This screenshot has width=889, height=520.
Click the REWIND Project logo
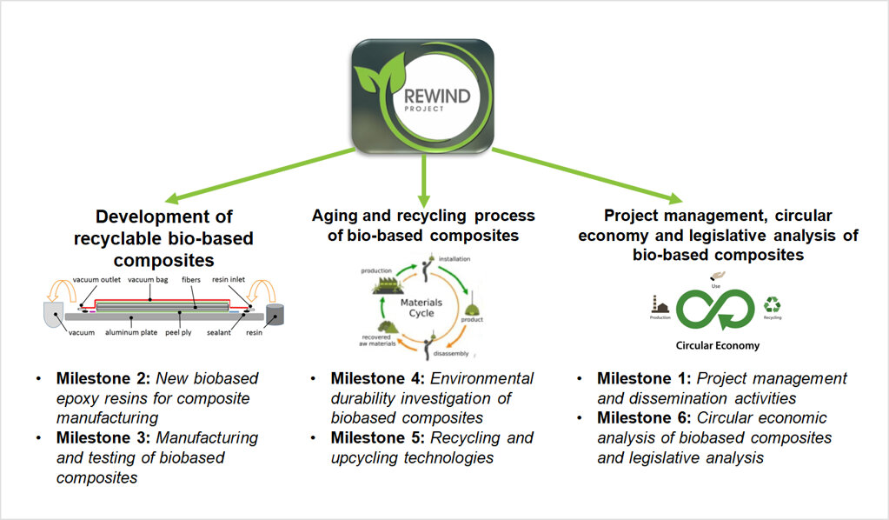[x=422, y=93]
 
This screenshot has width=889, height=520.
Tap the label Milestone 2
[x=100, y=378]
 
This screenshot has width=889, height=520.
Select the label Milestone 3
[x=100, y=437]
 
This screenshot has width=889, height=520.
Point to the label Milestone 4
[x=375, y=378]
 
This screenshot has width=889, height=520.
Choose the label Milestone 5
[x=375, y=437]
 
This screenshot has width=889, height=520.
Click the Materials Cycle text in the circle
[x=421, y=309]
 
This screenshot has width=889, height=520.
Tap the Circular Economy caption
[x=717, y=345]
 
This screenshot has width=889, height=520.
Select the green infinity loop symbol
[x=716, y=308]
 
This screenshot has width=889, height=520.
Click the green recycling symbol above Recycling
[x=772, y=305]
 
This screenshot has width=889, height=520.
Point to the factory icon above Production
[x=660, y=304]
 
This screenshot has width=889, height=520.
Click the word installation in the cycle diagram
[x=454, y=258]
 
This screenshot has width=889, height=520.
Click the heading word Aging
[x=334, y=215]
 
